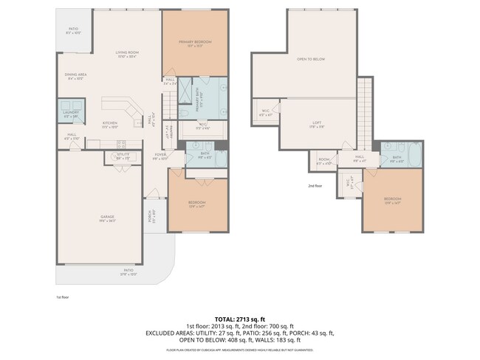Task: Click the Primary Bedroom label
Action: pos(195,43)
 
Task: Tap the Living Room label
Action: pos(127,55)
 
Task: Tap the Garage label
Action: pos(107,218)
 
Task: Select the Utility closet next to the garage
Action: pos(123,156)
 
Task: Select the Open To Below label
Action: pos(311,59)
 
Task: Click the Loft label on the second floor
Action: pos(316,125)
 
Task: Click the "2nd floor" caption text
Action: pos(315,186)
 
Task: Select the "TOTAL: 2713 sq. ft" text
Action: pos(239,317)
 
